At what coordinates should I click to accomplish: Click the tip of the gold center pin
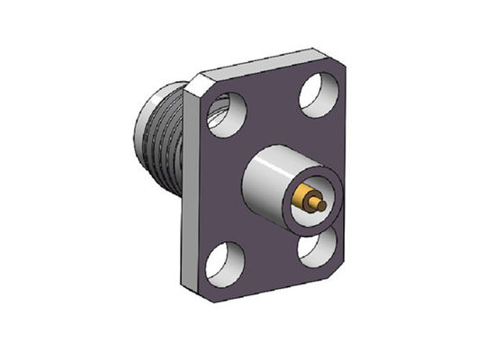321,205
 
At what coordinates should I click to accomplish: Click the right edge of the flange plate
349,171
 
